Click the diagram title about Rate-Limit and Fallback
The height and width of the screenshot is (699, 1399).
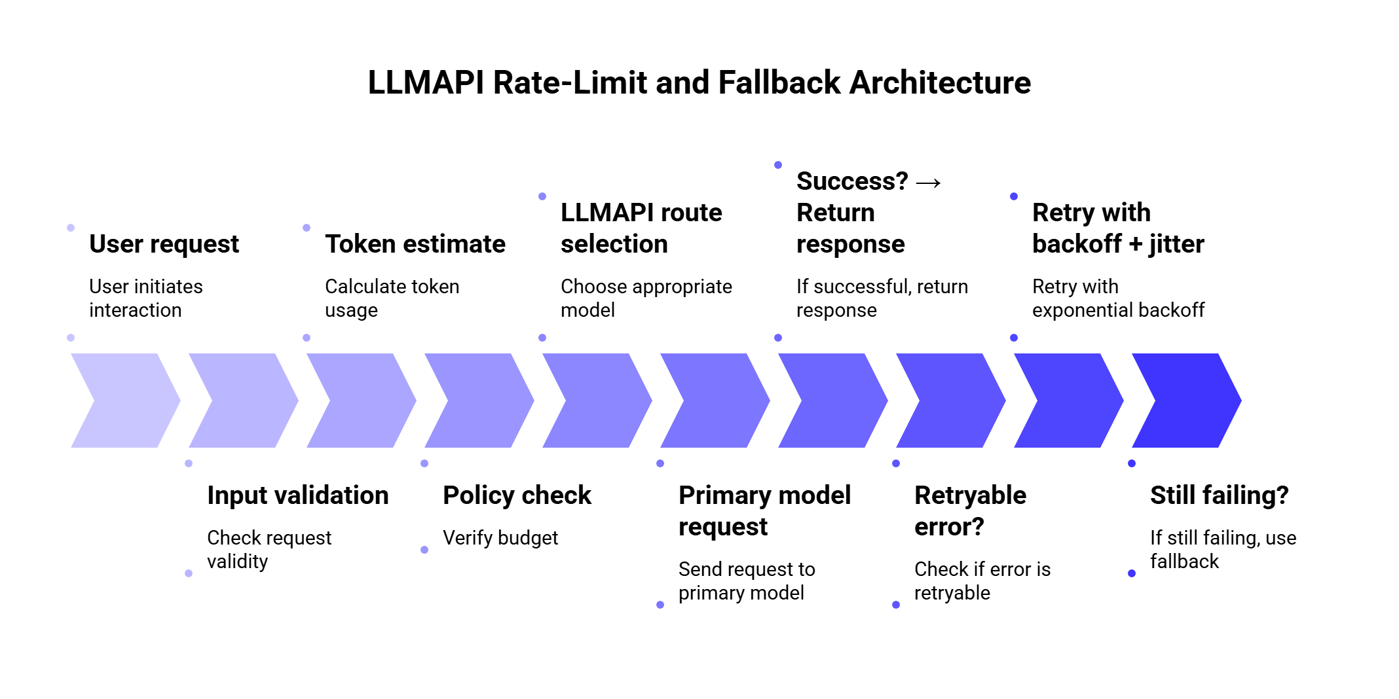tap(699, 82)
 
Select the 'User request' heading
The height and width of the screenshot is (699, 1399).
tap(164, 244)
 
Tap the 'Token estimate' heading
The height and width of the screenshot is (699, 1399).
tap(415, 244)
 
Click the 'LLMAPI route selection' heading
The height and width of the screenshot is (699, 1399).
tap(641, 228)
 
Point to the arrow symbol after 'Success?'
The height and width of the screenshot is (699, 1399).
tap(928, 183)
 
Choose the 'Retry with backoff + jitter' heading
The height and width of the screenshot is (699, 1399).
tap(1118, 228)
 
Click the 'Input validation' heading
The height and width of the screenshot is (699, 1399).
tap(298, 495)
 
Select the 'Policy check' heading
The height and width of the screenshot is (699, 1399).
tap(517, 495)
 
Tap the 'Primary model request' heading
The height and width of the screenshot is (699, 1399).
tap(764, 511)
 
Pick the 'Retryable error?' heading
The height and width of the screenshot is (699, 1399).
tap(970, 511)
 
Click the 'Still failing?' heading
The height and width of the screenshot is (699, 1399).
tap(1219, 495)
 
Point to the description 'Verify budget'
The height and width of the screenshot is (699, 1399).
tap(500, 538)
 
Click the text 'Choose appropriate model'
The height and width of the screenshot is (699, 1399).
tap(646, 298)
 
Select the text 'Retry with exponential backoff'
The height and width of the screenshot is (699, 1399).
tap(1118, 298)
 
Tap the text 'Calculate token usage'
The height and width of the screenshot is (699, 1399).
tap(392, 298)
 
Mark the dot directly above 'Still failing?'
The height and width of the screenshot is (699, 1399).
tap(1132, 463)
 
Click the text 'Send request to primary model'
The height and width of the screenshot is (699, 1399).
tap(747, 581)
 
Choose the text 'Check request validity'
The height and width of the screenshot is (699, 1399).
tap(269, 549)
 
